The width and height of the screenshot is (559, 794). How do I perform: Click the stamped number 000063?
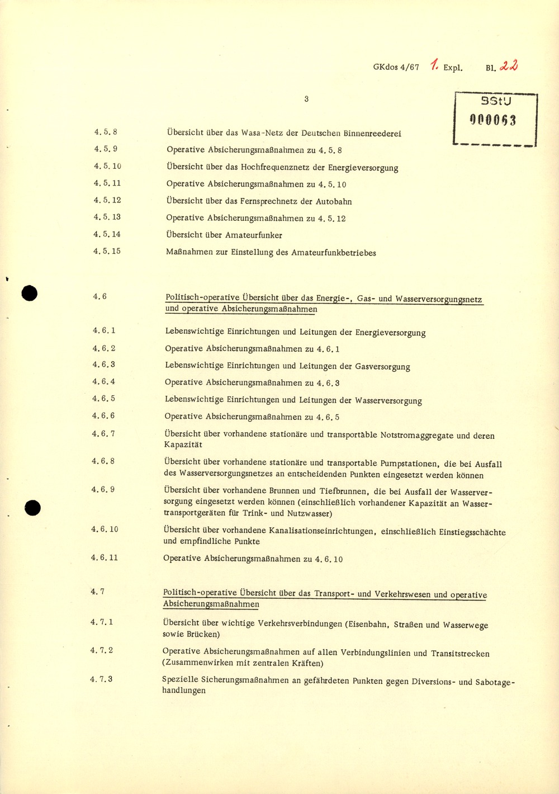click(x=493, y=120)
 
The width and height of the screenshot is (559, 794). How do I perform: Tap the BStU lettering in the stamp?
click(x=496, y=101)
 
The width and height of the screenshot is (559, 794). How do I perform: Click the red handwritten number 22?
click(x=509, y=66)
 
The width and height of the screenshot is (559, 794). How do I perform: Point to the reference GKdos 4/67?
click(x=396, y=67)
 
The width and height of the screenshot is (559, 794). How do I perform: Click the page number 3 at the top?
click(x=306, y=99)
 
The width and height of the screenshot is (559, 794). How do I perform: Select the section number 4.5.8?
click(x=106, y=133)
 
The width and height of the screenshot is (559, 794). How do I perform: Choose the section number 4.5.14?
click(x=107, y=234)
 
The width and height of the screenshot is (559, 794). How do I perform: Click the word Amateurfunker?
click(x=254, y=235)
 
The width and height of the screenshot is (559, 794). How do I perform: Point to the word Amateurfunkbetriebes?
click(x=334, y=253)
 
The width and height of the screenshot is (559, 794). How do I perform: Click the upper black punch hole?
click(x=29, y=293)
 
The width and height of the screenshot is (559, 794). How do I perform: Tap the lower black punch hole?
click(x=33, y=508)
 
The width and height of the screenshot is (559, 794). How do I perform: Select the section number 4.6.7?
click(x=103, y=433)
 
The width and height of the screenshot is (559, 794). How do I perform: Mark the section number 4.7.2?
click(x=102, y=650)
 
